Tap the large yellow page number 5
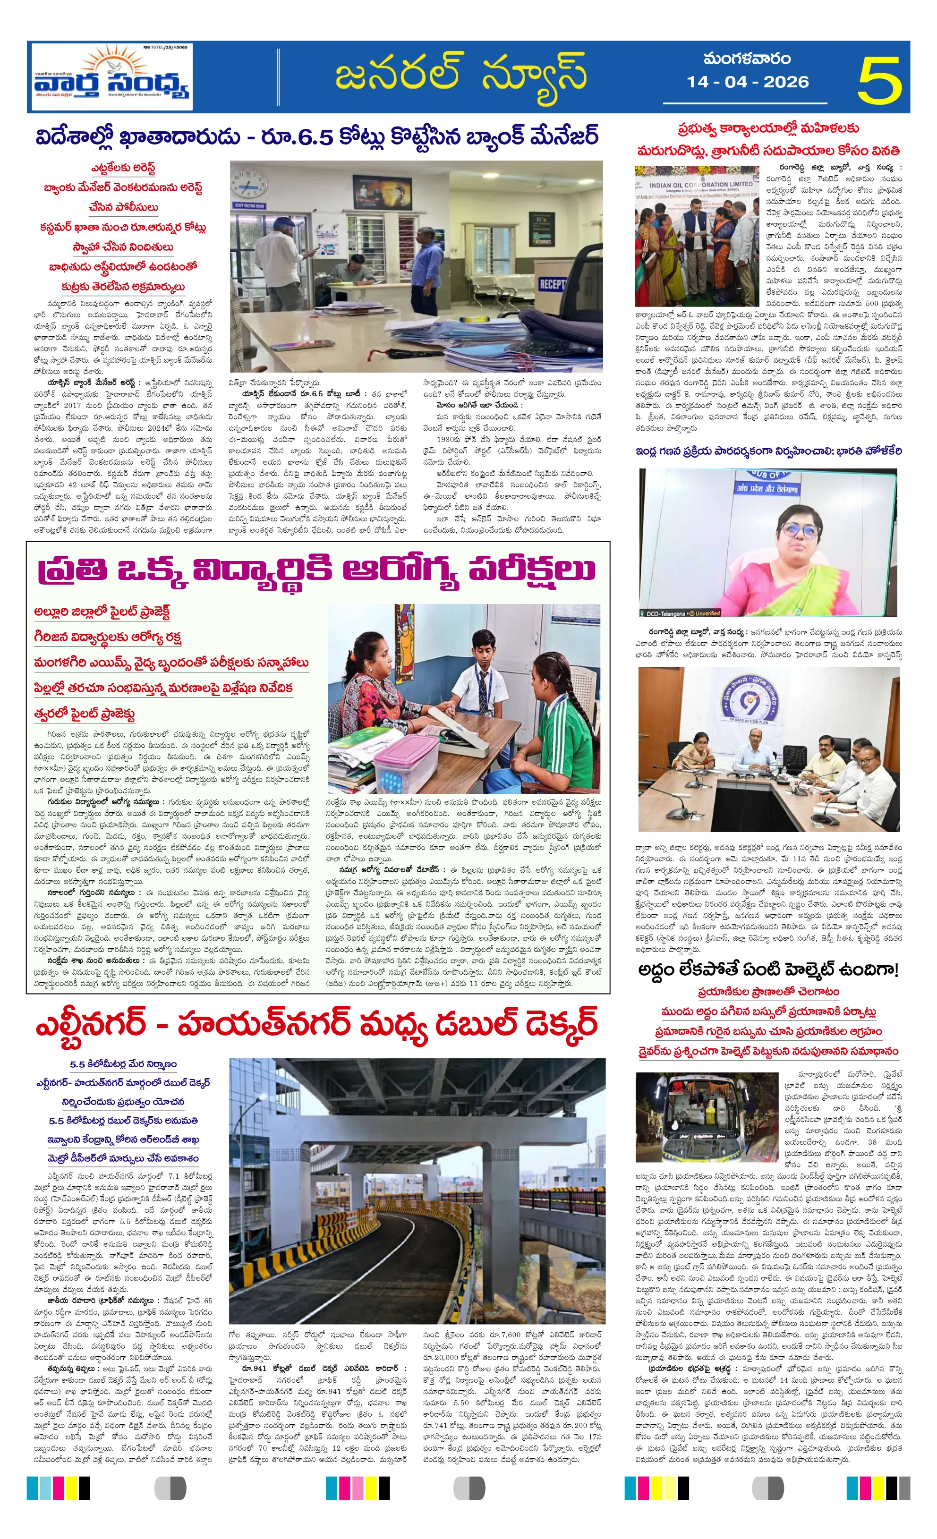(879, 79)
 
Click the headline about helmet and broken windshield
(768, 970)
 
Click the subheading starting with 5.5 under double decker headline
(123, 1063)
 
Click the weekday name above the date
(747, 60)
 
